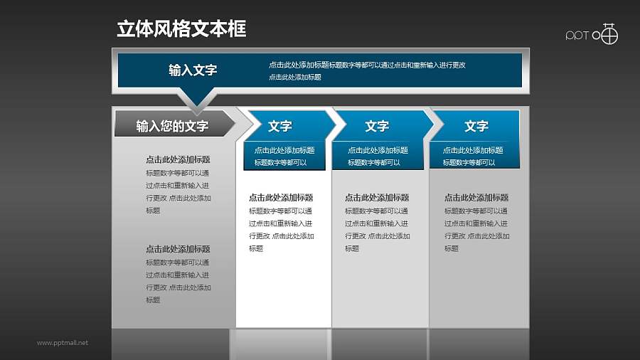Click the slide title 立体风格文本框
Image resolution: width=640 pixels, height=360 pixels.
[181, 29]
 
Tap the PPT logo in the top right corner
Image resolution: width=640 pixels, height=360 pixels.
[592, 35]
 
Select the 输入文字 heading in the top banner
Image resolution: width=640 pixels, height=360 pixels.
[193, 70]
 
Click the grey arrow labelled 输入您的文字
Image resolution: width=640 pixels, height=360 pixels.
[173, 126]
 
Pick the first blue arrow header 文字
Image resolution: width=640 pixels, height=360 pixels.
[280, 126]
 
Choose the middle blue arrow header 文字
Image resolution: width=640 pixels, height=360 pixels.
[377, 126]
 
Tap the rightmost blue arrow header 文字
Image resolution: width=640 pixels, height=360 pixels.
[476, 126]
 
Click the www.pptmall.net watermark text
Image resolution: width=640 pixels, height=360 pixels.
[63, 343]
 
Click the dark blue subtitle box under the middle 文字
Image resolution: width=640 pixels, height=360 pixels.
[378, 157]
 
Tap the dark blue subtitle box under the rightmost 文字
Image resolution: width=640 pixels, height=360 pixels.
[473, 157]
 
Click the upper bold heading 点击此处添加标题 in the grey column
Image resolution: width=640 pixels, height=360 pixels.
[178, 160]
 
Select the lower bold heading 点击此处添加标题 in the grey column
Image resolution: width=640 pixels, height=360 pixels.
[178, 249]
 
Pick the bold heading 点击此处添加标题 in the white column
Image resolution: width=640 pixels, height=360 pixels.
[281, 198]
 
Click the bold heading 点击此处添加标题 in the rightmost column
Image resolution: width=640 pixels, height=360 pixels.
[476, 198]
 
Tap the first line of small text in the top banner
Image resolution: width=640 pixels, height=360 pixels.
[367, 65]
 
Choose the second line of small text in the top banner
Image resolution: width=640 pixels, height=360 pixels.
[294, 77]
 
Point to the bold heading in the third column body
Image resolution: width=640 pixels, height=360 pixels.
[377, 198]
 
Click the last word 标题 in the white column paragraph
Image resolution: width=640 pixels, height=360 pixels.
[256, 248]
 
